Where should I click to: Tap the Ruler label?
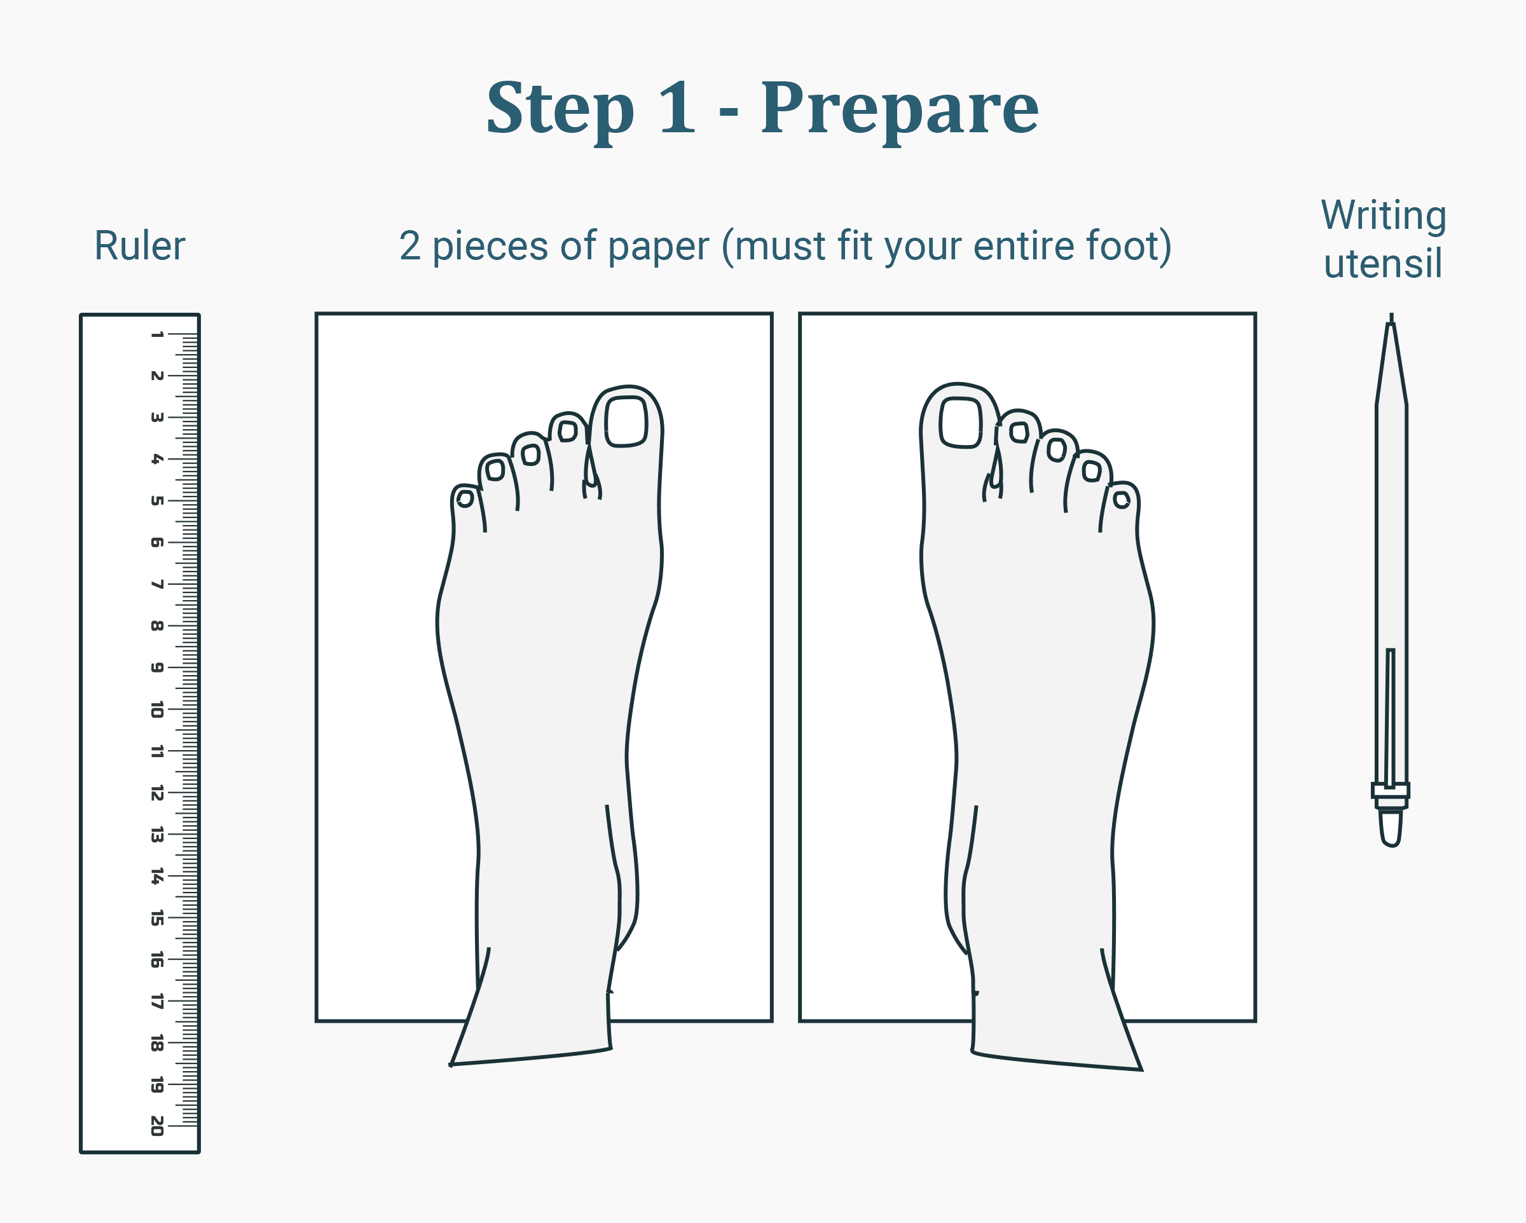coord(139,246)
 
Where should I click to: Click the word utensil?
coord(1382,264)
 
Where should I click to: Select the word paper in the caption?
coord(657,246)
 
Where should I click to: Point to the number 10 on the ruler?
coord(157,709)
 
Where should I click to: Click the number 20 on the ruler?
coord(157,1125)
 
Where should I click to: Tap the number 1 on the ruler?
coord(157,334)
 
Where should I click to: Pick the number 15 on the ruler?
coord(157,918)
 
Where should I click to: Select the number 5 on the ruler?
coord(157,500)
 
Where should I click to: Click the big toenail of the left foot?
coord(626,422)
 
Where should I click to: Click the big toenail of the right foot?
coord(961,423)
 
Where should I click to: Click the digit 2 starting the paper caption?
coord(410,246)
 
